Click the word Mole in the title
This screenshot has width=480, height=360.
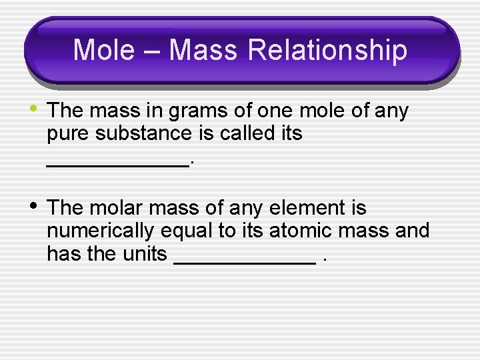click(103, 51)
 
